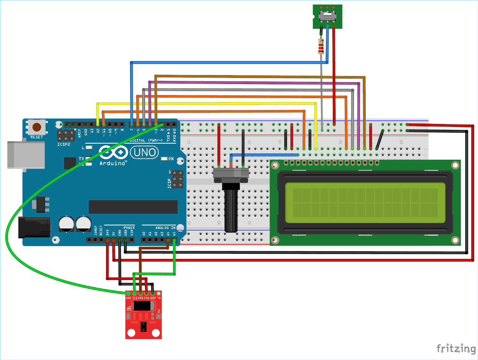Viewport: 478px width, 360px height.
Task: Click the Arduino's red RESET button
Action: coord(37,127)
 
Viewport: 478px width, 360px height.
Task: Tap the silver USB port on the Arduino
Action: coord(26,155)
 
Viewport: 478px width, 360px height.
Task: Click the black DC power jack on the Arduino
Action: coord(34,227)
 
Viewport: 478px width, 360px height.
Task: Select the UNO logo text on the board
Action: coord(145,152)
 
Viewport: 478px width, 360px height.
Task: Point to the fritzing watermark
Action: coord(456,349)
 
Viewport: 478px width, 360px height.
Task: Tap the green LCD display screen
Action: coord(365,203)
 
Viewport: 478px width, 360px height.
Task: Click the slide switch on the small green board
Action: coord(328,15)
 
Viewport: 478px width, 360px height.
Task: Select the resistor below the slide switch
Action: coord(321,47)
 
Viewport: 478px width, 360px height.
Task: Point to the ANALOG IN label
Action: coord(165,228)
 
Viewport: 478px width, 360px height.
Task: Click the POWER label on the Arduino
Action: coord(129,228)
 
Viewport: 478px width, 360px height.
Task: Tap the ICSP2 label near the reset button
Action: coord(64,144)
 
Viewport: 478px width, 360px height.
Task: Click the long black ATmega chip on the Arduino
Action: coord(133,207)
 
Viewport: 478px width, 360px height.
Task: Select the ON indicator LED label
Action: coord(171,159)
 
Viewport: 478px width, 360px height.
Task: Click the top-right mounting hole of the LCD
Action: coord(455,165)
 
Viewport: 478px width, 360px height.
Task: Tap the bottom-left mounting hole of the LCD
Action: coord(275,240)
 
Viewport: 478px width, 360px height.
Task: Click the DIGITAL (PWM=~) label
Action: coord(146,140)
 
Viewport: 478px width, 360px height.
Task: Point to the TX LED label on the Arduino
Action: coord(82,158)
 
